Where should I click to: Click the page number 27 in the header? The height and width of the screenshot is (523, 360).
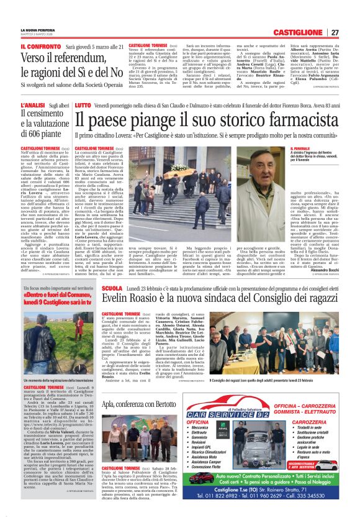tap(335, 32)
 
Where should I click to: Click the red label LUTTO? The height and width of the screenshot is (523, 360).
tap(82, 106)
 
